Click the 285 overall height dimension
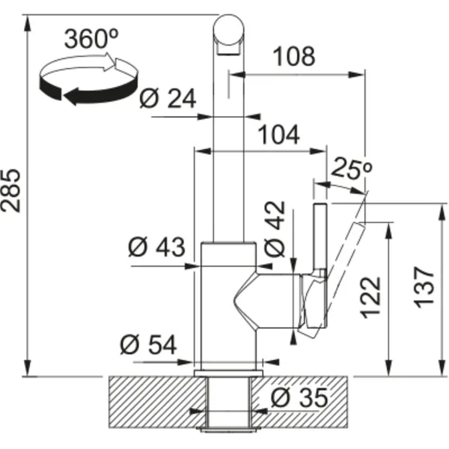tap(10, 191)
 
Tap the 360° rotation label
tap(91, 38)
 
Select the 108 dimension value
tap(294, 56)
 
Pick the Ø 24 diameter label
tap(168, 99)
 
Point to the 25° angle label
tap(352, 168)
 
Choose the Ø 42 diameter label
tap(275, 228)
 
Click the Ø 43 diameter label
tap(156, 247)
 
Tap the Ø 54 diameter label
tap(148, 345)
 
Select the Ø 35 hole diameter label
tap(299, 397)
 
